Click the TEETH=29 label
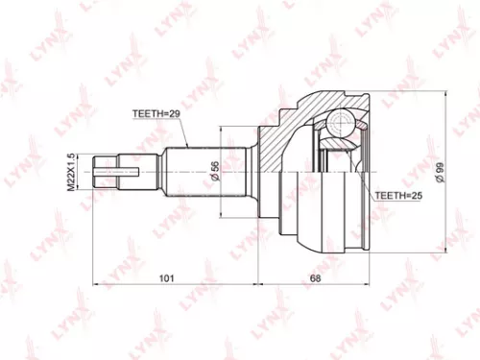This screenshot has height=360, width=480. (x=156, y=113)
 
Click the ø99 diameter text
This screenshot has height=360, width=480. (x=438, y=173)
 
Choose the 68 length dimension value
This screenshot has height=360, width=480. (x=316, y=279)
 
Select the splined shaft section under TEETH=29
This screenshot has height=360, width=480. (x=192, y=173)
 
